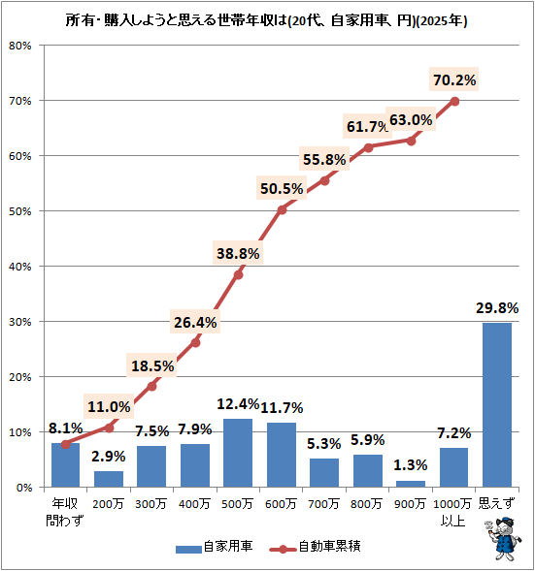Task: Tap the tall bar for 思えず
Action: tap(495, 404)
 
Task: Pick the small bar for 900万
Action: tap(410, 483)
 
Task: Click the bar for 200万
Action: tap(109, 479)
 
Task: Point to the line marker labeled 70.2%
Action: tap(454, 101)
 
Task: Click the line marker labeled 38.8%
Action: tap(238, 274)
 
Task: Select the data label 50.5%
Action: tap(282, 188)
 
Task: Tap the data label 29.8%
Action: tap(495, 307)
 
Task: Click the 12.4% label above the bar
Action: tap(239, 404)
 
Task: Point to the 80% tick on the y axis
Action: tap(20, 46)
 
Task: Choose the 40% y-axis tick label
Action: tap(20, 266)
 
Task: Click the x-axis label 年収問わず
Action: tap(66, 511)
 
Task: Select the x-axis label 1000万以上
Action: tap(453, 511)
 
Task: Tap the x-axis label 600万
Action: tap(282, 504)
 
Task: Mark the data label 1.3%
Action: tap(410, 463)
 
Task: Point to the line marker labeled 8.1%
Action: tap(66, 444)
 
